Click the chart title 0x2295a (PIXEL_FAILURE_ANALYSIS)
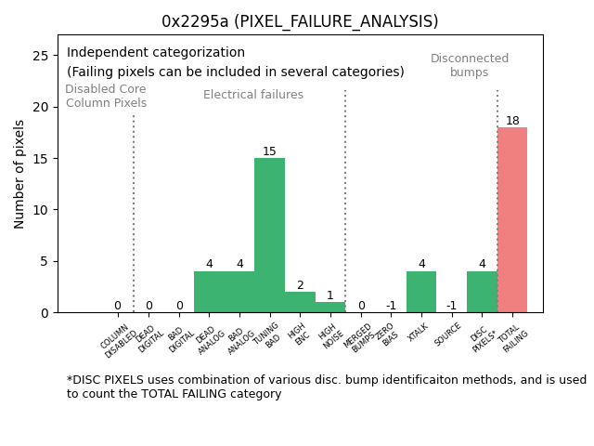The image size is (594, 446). (300, 21)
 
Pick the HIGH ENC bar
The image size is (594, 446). (300, 302)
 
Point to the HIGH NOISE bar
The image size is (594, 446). (329, 308)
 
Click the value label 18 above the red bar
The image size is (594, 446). (512, 121)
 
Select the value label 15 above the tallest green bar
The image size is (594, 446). (269, 151)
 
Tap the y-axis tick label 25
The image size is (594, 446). (40, 56)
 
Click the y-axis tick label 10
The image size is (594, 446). (40, 210)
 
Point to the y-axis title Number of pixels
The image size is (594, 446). (19, 174)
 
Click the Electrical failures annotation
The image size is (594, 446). (253, 95)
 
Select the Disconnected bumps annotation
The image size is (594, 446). (470, 65)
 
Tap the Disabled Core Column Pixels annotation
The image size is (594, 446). (106, 96)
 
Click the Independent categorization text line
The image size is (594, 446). (156, 53)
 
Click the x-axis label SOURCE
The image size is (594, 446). (448, 337)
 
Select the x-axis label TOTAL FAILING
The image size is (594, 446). (511, 340)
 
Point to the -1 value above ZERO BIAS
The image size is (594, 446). (391, 306)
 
